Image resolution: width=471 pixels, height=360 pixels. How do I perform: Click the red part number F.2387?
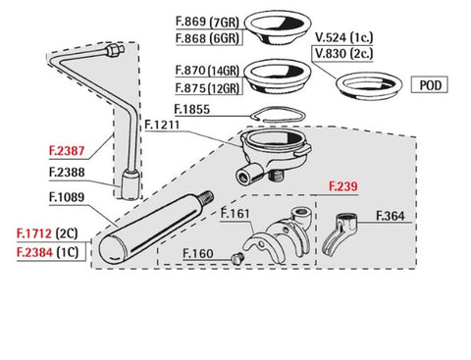pyautogui.click(x=67, y=151)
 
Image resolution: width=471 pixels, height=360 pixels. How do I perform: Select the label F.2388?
pyautogui.click(x=67, y=173)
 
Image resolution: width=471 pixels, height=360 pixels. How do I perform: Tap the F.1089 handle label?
pyautogui.click(x=67, y=197)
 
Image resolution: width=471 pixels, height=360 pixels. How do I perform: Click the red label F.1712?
pyautogui.click(x=34, y=233)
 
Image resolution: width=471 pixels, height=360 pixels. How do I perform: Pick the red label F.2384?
pyautogui.click(x=34, y=252)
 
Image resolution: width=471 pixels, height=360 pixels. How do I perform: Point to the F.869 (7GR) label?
pyautogui.click(x=207, y=22)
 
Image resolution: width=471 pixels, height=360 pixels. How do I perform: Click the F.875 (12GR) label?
pyautogui.click(x=207, y=88)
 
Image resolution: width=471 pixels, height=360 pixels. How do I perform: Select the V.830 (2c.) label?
pyautogui.click(x=343, y=53)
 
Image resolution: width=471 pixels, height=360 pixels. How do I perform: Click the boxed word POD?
pyautogui.click(x=430, y=85)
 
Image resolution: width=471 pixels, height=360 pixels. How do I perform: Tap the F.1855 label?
pyautogui.click(x=192, y=109)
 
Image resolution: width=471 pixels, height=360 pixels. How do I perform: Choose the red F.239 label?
pyautogui.click(x=343, y=186)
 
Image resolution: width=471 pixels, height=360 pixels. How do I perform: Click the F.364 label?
pyautogui.click(x=391, y=216)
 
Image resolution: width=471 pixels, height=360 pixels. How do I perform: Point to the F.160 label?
pyautogui.click(x=198, y=253)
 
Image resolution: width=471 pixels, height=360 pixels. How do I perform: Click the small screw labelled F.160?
pyautogui.click(x=236, y=258)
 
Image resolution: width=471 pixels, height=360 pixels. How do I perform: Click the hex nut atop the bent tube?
pyautogui.click(x=114, y=51)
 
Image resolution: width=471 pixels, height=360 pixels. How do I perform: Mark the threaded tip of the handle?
pyautogui.click(x=207, y=197)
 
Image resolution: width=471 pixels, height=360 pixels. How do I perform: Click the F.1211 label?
pyautogui.click(x=162, y=125)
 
